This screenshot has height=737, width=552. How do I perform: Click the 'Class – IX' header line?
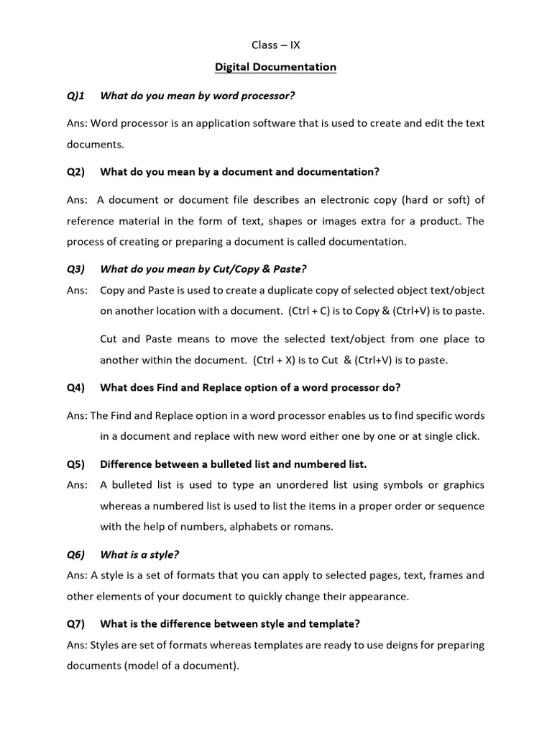[x=276, y=45]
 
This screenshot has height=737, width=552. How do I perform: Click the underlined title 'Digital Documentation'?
[x=276, y=67]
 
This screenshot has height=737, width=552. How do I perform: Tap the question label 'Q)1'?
[x=75, y=95]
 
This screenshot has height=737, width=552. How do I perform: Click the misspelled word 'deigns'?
[x=379, y=645]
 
